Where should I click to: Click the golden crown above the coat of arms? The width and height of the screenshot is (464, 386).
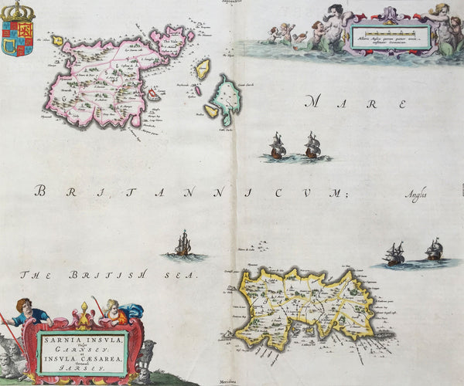17,11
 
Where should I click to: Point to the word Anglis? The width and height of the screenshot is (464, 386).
415,196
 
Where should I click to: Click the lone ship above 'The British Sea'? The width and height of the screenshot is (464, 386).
183,245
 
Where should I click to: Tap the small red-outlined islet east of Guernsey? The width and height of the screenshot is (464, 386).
154,95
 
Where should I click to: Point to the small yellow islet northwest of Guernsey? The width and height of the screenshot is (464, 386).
57,39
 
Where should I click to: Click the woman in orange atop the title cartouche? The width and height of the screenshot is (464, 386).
113,311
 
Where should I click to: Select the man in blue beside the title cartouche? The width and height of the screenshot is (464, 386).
31,313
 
